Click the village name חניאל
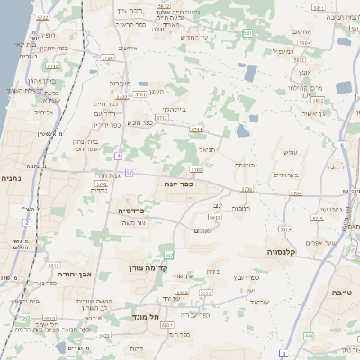pyautogui.click(x=204, y=151)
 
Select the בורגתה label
pyautogui.click(x=246, y=166)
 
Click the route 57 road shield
pyautogui.click(x=130, y=172)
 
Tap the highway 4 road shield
pyautogui.click(x=119, y=155)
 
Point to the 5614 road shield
pyautogui.click(x=284, y=230)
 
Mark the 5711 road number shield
pyautogui.click(x=195, y=130)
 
